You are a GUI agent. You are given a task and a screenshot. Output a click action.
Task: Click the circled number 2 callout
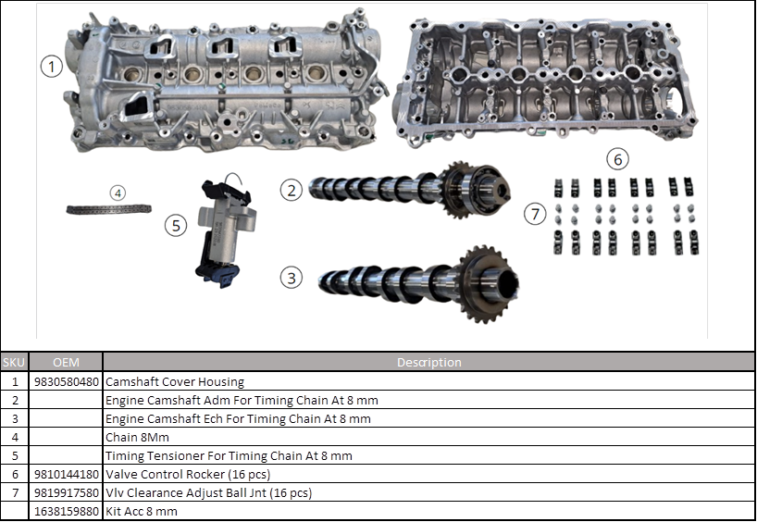pyautogui.click(x=292, y=191)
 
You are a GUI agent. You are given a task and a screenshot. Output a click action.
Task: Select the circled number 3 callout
pyautogui.click(x=292, y=276)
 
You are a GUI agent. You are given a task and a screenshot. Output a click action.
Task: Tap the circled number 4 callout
pyautogui.click(x=117, y=193)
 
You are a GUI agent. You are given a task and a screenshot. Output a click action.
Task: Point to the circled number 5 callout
pyautogui.click(x=176, y=224)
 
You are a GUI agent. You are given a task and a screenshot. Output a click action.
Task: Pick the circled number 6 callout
pyautogui.click(x=617, y=158)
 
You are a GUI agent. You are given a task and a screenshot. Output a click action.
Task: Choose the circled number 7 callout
pyautogui.click(x=535, y=215)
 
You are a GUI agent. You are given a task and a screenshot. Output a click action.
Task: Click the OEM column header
pyautogui.click(x=66, y=363)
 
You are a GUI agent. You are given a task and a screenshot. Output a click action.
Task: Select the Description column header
pyautogui.click(x=428, y=363)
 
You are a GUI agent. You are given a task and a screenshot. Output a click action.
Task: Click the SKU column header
pyautogui.click(x=15, y=363)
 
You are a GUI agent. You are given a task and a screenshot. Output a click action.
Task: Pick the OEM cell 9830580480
pyautogui.click(x=66, y=381)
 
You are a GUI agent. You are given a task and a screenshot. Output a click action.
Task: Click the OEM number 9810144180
pyautogui.click(x=66, y=474)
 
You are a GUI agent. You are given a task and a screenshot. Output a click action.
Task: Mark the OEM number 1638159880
pyautogui.click(x=66, y=511)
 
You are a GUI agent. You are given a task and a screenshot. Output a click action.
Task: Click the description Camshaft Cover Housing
pyautogui.click(x=175, y=381)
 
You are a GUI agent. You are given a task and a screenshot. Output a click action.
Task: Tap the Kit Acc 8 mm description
pyautogui.click(x=142, y=511)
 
